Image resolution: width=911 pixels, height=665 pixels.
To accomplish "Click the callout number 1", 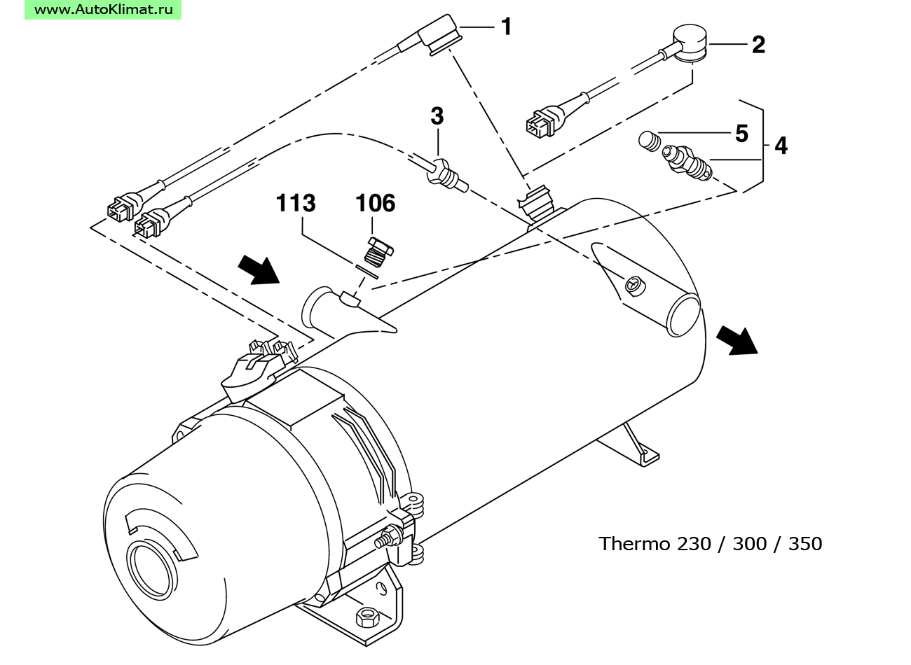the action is point(506,27).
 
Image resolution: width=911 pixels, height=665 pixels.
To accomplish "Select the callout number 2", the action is point(758,45).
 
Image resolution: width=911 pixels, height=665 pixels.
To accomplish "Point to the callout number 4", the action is point(781,146).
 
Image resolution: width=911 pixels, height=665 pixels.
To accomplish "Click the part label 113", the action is point(296,203).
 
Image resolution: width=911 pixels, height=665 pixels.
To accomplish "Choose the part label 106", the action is point(375,203).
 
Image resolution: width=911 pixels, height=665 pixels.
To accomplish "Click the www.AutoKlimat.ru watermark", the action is point(103,9).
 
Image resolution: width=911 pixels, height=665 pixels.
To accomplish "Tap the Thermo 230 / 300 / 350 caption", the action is point(710,543).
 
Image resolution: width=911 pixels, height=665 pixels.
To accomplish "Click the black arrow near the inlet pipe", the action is point(259,270).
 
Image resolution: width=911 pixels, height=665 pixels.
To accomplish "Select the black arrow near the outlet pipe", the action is point(737,340).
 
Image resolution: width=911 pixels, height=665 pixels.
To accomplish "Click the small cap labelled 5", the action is point(648,141).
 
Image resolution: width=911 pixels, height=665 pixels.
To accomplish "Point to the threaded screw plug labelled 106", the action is point(378,253).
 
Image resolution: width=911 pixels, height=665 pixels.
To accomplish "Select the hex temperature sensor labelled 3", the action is point(446,176).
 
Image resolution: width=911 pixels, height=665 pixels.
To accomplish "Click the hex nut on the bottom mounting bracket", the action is point(368,618).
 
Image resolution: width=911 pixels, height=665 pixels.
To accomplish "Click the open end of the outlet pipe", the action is point(684,315).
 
